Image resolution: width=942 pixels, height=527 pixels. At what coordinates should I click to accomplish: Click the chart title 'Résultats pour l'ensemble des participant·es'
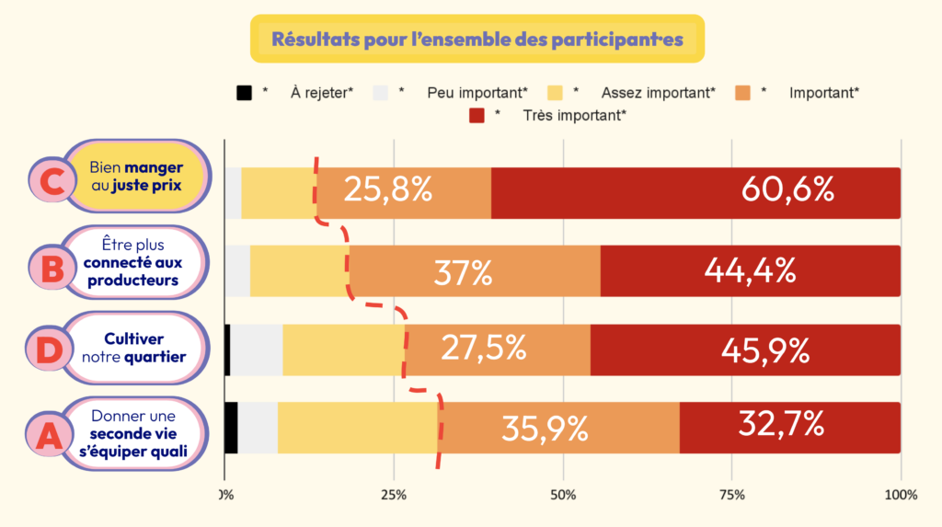point(477,39)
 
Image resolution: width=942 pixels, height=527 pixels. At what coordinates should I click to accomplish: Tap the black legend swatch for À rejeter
point(244,93)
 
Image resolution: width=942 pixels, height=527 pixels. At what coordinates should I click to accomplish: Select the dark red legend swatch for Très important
point(477,115)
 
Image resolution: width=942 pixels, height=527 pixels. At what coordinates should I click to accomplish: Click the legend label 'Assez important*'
point(658,93)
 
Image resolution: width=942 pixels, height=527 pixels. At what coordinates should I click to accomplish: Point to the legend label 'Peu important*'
point(477,93)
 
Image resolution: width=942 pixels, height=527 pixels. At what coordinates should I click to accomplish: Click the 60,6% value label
point(788,189)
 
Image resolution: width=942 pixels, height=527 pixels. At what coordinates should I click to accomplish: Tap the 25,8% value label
point(387,189)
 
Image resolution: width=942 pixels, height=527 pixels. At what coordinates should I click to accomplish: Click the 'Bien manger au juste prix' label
point(136,176)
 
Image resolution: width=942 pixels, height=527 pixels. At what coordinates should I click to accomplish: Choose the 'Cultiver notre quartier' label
point(134,348)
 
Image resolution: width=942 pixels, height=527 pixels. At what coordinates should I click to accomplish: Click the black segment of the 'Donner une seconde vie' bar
point(231,428)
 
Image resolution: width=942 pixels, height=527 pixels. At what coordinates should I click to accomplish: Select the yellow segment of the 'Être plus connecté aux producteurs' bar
point(299,271)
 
